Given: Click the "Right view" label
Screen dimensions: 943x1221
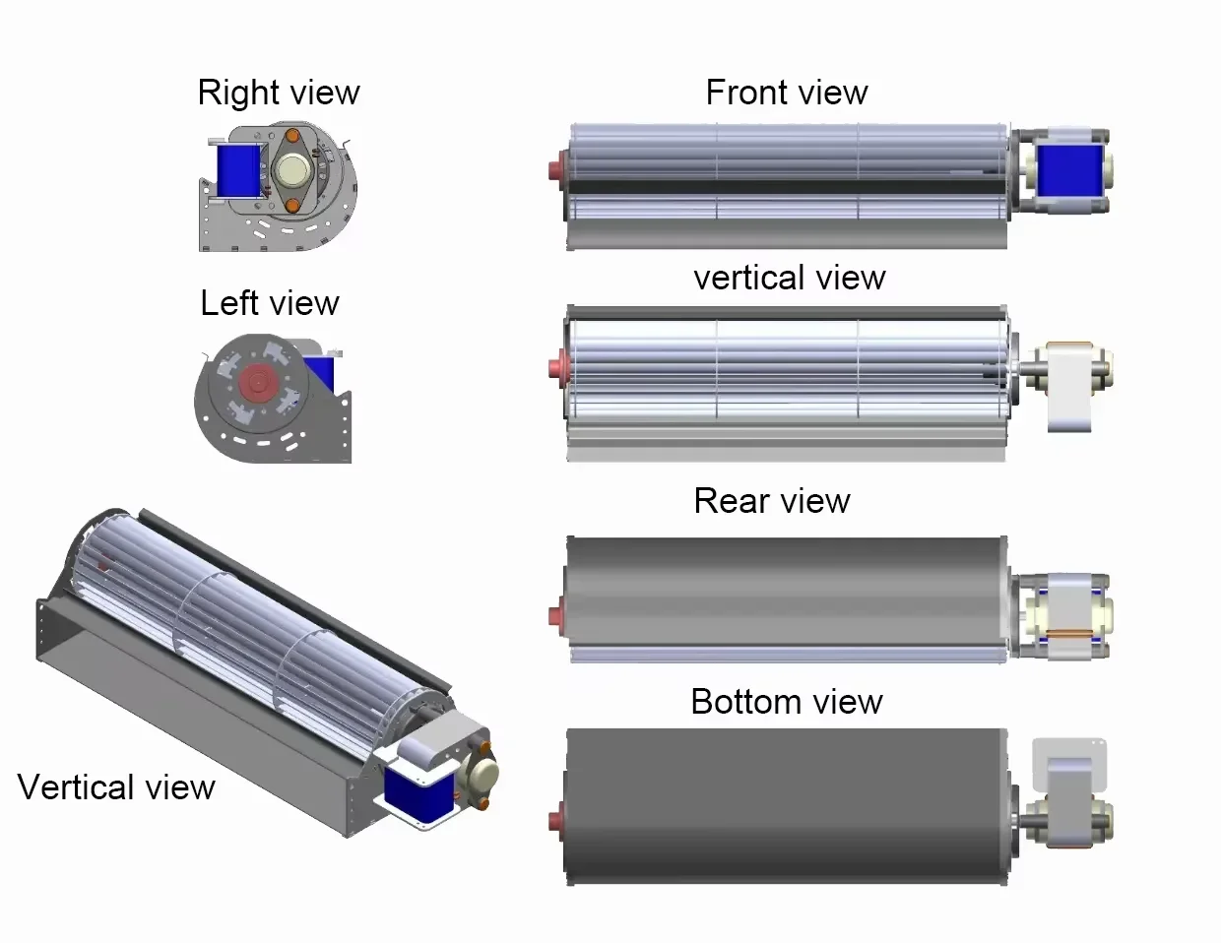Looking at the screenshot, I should tap(279, 93).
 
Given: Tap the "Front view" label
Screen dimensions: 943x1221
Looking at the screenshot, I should tap(786, 93).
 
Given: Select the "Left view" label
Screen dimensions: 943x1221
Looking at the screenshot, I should tap(269, 303).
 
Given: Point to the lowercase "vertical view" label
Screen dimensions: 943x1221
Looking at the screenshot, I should tap(789, 278).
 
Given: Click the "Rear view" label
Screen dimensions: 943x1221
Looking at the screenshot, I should tap(771, 501).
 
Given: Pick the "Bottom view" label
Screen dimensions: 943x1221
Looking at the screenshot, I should tap(786, 702).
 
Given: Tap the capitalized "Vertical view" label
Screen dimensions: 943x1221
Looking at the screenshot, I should tap(116, 787).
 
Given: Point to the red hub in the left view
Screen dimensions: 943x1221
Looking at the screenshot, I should tap(258, 381).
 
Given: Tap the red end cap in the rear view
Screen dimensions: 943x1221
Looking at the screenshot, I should tap(556, 615).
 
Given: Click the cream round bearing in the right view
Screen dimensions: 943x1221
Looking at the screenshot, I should tap(292, 170).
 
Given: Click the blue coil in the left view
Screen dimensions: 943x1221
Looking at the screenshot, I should tap(322, 372).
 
